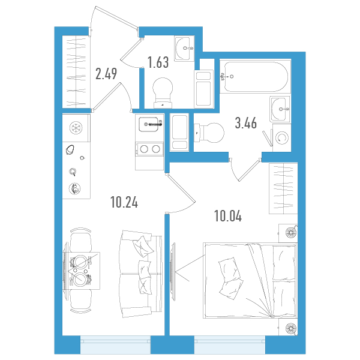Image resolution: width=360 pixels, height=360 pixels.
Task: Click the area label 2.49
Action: pos(106,74)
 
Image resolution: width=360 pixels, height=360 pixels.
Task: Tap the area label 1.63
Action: pos(158,62)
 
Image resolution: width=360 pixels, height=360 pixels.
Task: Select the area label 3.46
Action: pos(245,123)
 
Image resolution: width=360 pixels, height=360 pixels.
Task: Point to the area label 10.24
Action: pos(124,202)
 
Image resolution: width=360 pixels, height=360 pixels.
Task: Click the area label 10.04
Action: pos(228,216)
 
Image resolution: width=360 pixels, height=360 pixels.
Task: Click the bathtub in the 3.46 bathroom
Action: pos(255,76)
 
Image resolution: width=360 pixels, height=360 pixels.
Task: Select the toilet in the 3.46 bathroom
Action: pos(209,133)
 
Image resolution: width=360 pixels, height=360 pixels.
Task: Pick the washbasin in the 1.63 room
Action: pos(184,49)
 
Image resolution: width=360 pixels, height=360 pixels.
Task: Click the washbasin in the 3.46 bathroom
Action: pos(280,109)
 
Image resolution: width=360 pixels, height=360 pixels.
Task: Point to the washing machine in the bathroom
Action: pos(282,138)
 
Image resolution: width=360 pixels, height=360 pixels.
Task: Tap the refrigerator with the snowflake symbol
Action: pos(76,128)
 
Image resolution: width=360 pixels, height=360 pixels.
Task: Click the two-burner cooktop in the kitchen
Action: pos(149,149)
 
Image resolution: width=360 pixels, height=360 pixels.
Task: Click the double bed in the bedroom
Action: pos(250,280)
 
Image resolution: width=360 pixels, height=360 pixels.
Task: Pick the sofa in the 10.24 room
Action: pos(140,274)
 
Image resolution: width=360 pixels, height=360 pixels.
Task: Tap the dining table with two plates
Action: pos(82,270)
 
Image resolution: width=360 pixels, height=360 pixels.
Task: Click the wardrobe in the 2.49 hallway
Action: pos(76,71)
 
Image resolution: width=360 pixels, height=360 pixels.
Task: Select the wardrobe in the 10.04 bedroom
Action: pos(283,188)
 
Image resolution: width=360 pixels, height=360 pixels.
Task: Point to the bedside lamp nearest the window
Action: pos(290,328)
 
